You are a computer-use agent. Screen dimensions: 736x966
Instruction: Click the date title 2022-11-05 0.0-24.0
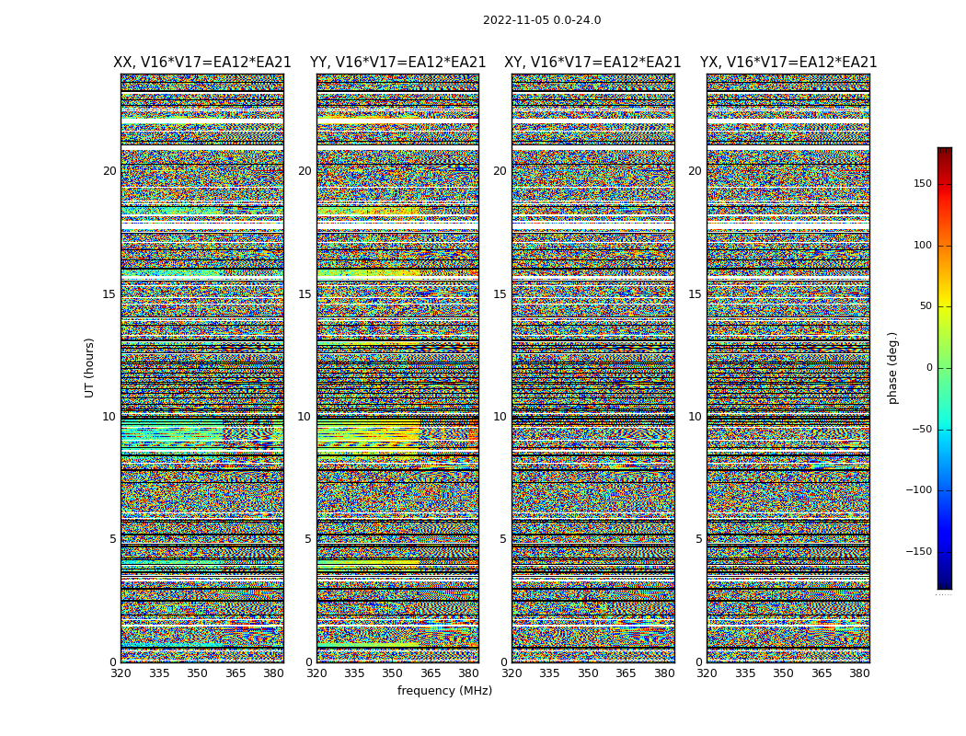[542, 20]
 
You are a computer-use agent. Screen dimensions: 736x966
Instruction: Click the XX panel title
[201, 63]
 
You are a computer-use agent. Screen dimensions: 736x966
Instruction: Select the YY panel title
[397, 63]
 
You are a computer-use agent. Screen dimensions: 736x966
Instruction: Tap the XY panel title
[592, 63]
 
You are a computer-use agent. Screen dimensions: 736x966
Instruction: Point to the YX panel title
[788, 63]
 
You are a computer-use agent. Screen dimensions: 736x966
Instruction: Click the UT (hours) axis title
[90, 367]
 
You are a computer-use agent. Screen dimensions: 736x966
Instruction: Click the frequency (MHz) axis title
[444, 691]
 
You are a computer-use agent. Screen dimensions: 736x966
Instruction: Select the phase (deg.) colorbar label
[893, 368]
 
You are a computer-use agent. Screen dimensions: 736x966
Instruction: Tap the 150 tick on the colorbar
[948, 184]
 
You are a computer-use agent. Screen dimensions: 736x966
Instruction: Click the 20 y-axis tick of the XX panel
[109, 171]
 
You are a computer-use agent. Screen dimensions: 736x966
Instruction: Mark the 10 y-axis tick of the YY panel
[305, 417]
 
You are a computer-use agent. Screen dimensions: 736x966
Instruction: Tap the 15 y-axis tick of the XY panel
[500, 294]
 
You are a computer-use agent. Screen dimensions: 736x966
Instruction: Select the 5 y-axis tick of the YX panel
[698, 539]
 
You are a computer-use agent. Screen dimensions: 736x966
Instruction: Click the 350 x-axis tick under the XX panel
[197, 673]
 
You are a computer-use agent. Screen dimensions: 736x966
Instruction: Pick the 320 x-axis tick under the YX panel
[707, 673]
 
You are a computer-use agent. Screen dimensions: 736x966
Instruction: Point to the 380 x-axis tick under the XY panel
[664, 673]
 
